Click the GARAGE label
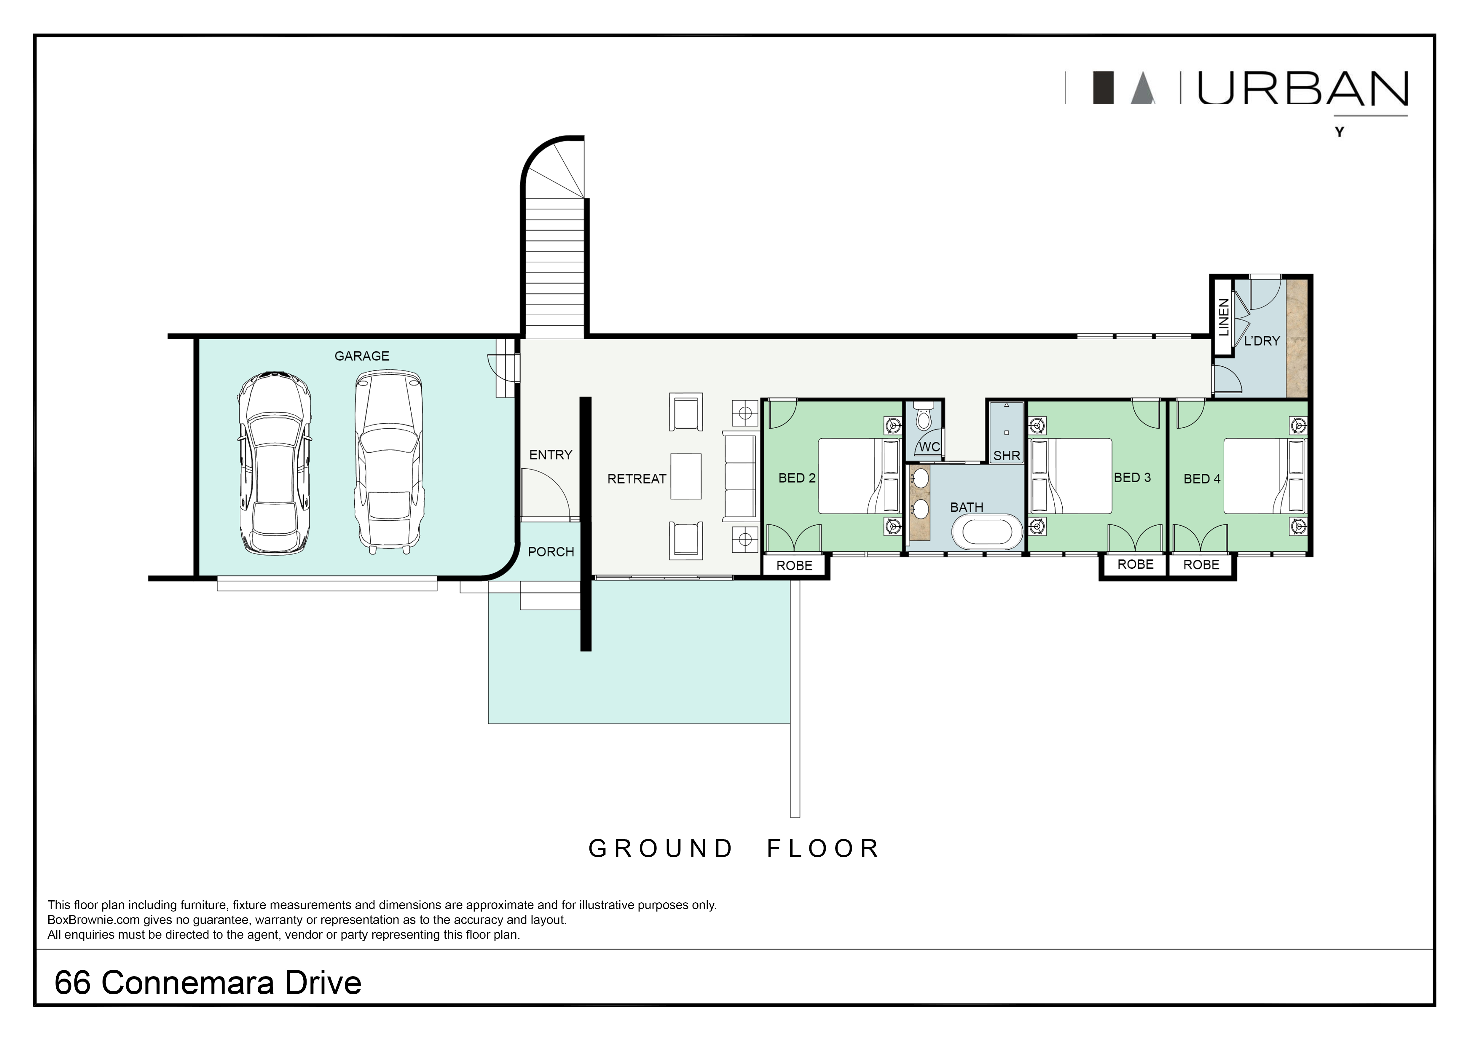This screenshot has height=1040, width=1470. click(x=362, y=356)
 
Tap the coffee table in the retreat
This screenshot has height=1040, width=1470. click(x=686, y=476)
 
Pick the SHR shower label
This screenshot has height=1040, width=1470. click(x=1007, y=456)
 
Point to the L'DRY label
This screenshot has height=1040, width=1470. click(x=1261, y=341)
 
